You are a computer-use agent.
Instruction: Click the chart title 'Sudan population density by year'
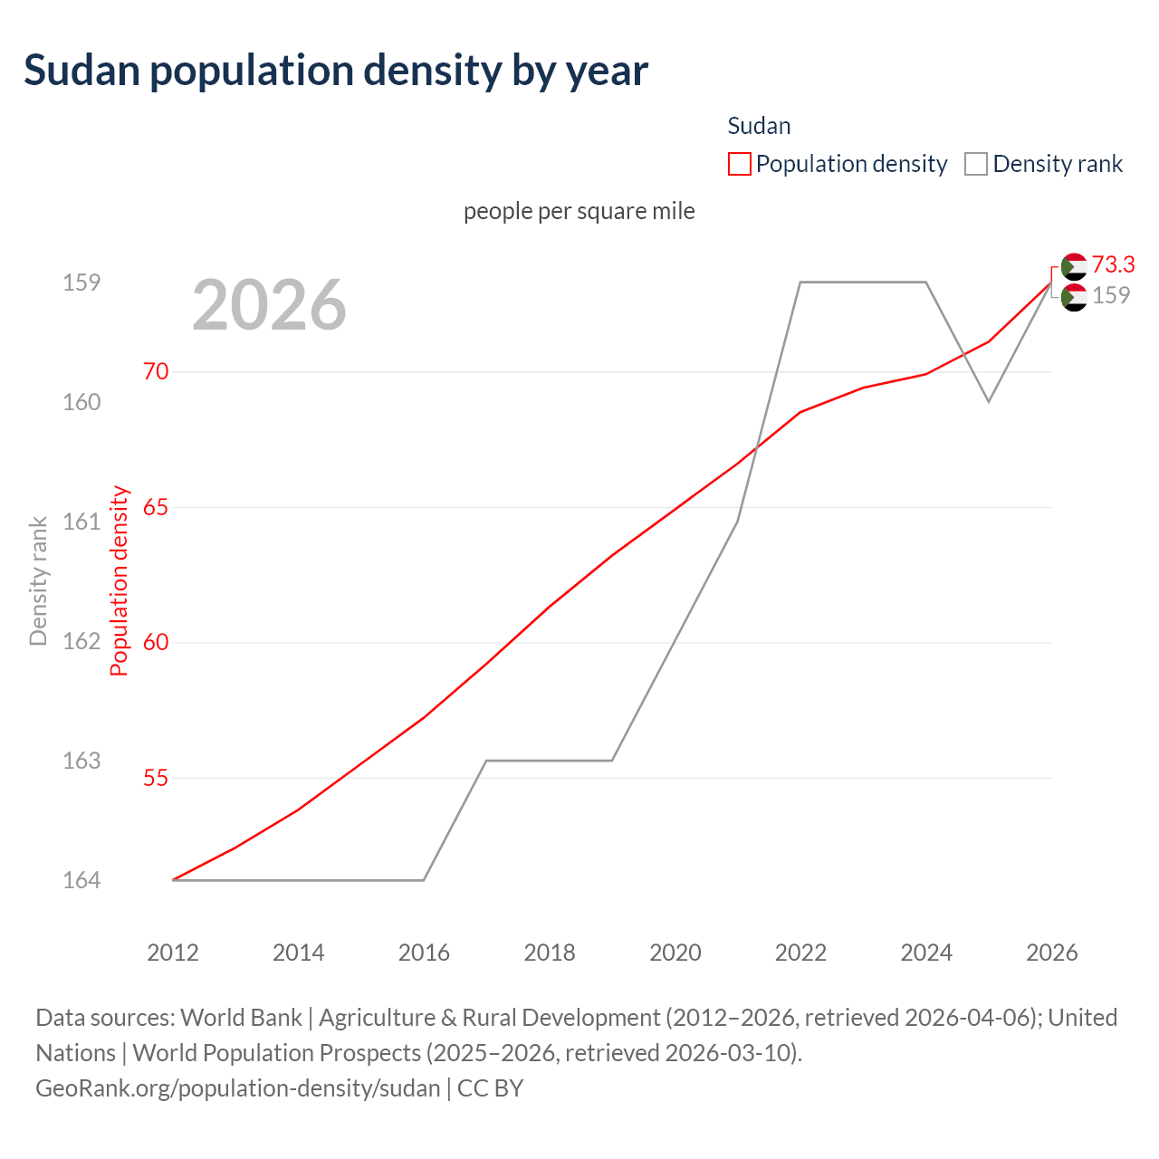[x=336, y=71]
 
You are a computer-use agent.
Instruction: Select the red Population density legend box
[x=739, y=164]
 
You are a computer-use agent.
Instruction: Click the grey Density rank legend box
[x=975, y=164]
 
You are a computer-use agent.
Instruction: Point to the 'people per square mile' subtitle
[x=579, y=211]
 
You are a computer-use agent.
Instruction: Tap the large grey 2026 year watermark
[x=269, y=305]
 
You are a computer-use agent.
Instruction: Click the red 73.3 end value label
[x=1113, y=264]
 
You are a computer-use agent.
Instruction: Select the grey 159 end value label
[x=1111, y=295]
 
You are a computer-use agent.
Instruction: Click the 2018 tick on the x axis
[x=550, y=953]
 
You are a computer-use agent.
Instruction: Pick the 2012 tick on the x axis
[x=173, y=953]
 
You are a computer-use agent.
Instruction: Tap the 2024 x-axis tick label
[x=926, y=953]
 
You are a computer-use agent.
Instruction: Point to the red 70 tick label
[x=156, y=371]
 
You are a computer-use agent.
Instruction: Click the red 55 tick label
[x=156, y=778]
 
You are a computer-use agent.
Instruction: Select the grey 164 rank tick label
[x=81, y=880]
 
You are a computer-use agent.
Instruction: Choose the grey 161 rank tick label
[x=81, y=522]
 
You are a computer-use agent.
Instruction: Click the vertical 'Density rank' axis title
[x=38, y=580]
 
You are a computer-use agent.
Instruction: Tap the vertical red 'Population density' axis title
[x=120, y=580]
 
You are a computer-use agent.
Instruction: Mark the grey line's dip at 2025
[x=989, y=401]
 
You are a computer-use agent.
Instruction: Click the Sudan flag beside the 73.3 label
[x=1074, y=266]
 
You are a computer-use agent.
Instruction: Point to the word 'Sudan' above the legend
[x=759, y=126]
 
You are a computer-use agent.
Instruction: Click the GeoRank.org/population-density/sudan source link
[x=238, y=1088]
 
